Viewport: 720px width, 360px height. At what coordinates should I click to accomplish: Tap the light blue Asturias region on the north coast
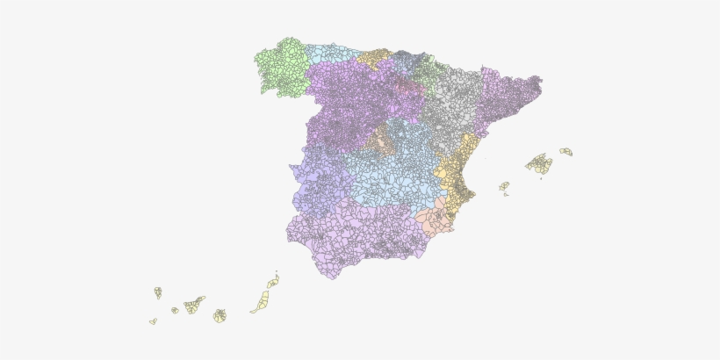(332, 53)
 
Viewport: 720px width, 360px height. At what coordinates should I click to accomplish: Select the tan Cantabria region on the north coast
(374, 56)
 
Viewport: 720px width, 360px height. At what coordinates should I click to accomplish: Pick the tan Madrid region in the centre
(382, 140)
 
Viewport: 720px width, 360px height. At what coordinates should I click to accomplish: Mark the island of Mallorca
(540, 163)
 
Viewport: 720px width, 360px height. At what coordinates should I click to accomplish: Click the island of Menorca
(566, 152)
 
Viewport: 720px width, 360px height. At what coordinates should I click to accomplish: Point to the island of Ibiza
(504, 186)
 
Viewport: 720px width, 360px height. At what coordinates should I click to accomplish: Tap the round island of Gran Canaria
(220, 315)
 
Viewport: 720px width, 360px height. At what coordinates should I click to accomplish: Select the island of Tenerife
(193, 306)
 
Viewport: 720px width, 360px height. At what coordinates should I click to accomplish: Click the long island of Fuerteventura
(261, 303)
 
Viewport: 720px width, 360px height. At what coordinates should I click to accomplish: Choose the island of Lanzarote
(273, 282)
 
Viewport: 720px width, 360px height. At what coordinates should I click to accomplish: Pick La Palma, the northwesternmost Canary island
(158, 292)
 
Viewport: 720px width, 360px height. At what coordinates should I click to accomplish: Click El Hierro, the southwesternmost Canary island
(153, 321)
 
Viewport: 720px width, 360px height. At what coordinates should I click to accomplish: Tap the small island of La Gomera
(175, 310)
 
